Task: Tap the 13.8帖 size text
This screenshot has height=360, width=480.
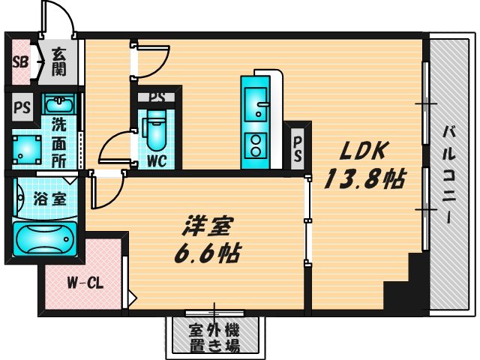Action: pyautogui.click(x=365, y=178)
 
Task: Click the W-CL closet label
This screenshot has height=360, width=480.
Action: pyautogui.click(x=82, y=283)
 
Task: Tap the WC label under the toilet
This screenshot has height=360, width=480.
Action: pyautogui.click(x=157, y=160)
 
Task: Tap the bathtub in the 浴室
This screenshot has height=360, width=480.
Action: pyautogui.click(x=44, y=238)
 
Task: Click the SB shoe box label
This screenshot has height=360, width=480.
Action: pyautogui.click(x=19, y=62)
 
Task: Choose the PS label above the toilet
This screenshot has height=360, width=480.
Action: pyautogui.click(x=157, y=97)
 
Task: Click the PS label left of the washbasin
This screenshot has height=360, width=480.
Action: pyautogui.click(x=20, y=106)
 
